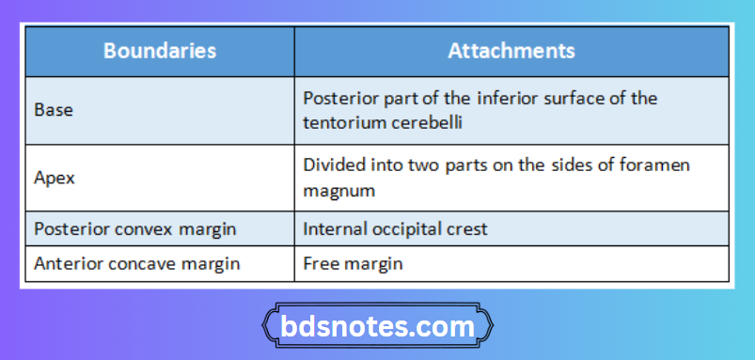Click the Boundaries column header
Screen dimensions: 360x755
click(159, 50)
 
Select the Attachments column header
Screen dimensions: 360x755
click(511, 50)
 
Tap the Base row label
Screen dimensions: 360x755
click(53, 109)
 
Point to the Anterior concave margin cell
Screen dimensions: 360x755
click(136, 263)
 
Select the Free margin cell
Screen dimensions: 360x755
click(353, 263)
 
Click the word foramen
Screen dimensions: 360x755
click(655, 164)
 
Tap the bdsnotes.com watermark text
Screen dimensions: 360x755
click(378, 326)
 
